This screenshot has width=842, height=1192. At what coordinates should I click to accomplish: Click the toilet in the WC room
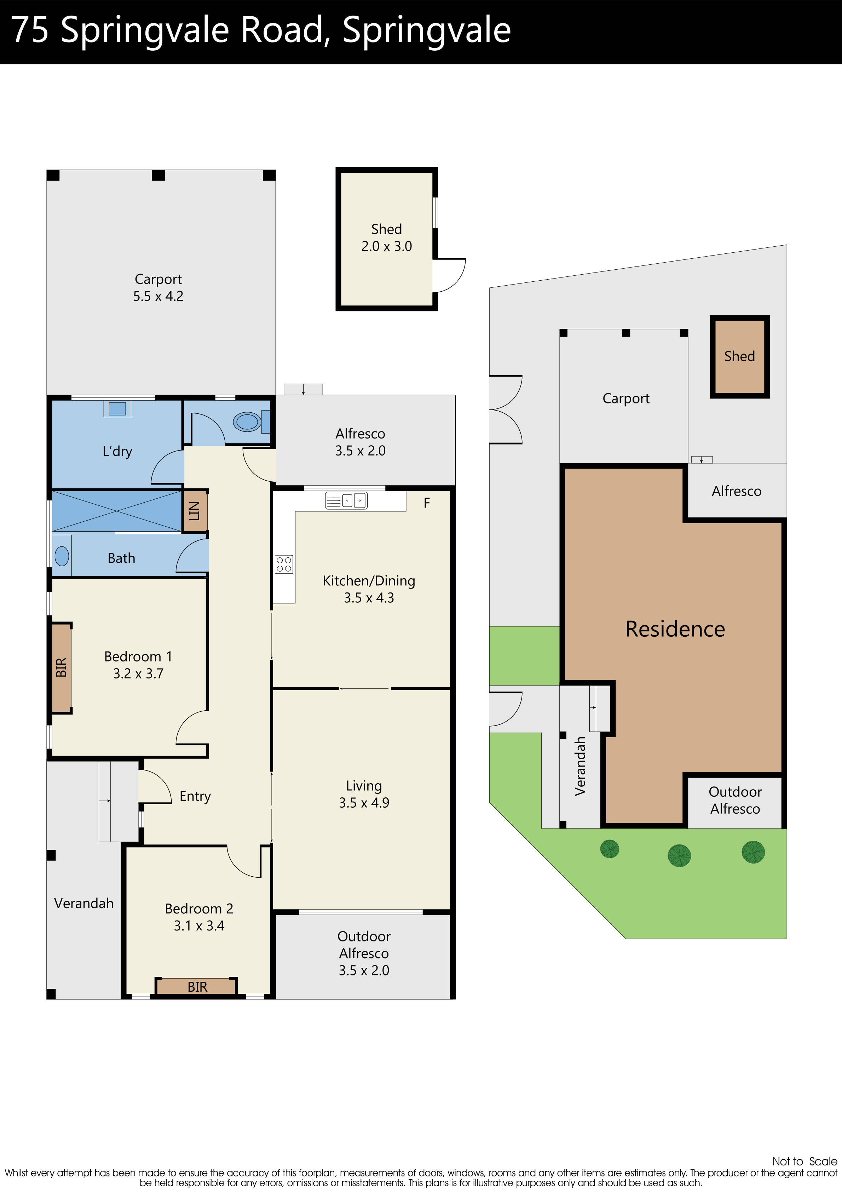click(248, 422)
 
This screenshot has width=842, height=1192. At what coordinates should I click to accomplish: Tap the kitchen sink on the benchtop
click(346, 500)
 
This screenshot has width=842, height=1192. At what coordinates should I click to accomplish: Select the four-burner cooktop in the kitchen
click(284, 565)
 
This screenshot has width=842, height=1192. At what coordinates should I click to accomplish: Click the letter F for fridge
click(427, 503)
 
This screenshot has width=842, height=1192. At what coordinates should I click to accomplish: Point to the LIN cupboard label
click(195, 511)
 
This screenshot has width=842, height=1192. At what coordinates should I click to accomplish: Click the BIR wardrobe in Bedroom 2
click(197, 986)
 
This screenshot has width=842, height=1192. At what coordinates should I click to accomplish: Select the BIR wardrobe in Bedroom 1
click(61, 667)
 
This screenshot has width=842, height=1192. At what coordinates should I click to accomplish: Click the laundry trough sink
click(117, 408)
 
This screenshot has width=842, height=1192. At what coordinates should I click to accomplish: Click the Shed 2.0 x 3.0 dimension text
click(387, 246)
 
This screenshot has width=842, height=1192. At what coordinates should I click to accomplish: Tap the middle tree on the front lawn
click(679, 855)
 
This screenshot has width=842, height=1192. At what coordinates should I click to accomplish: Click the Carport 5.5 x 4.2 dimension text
click(158, 296)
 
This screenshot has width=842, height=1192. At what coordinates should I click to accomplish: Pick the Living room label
click(364, 786)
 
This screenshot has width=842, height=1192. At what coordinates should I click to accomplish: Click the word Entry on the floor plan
click(195, 796)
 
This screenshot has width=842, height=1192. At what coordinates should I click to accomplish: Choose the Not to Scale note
click(804, 1161)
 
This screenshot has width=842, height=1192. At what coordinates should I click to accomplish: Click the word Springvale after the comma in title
click(427, 30)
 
